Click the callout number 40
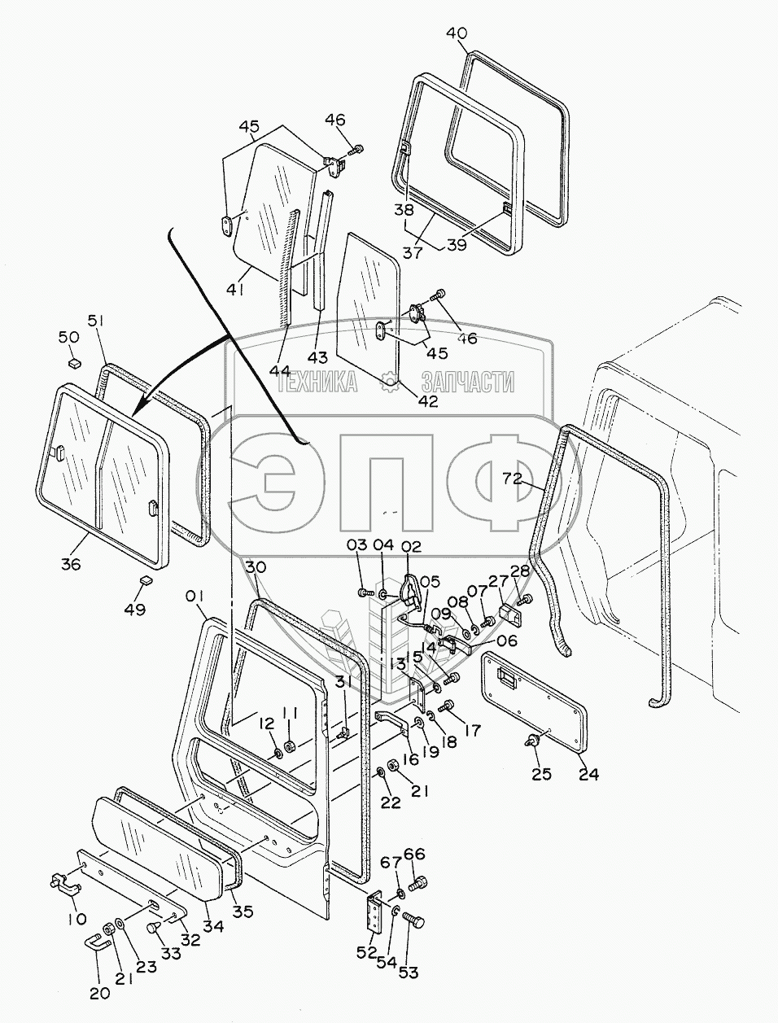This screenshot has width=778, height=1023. click(x=457, y=33)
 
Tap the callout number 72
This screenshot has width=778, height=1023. click(x=511, y=479)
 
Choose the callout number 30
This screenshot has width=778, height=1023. click(x=255, y=567)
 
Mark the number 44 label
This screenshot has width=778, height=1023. click(x=281, y=370)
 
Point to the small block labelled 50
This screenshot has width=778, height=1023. click(x=72, y=361)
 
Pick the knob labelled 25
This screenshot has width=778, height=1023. click(x=533, y=741)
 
